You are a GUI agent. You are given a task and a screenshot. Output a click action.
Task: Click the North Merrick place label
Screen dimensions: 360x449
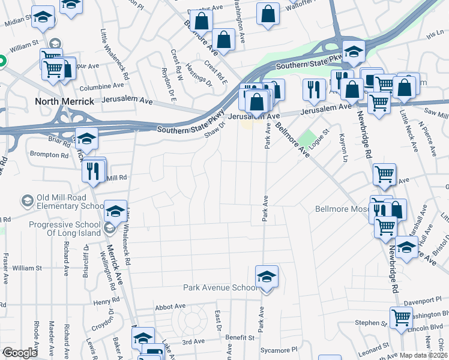[x=64, y=101]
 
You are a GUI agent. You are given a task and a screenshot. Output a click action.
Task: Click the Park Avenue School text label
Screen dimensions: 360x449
[x=220, y=288]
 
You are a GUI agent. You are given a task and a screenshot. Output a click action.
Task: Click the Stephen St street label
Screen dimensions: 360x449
[x=367, y=323]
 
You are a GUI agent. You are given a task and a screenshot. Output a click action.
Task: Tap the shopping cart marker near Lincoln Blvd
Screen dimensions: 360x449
[x=401, y=317]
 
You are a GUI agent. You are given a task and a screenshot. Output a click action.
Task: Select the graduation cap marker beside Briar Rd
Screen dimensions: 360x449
[x=87, y=139]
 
